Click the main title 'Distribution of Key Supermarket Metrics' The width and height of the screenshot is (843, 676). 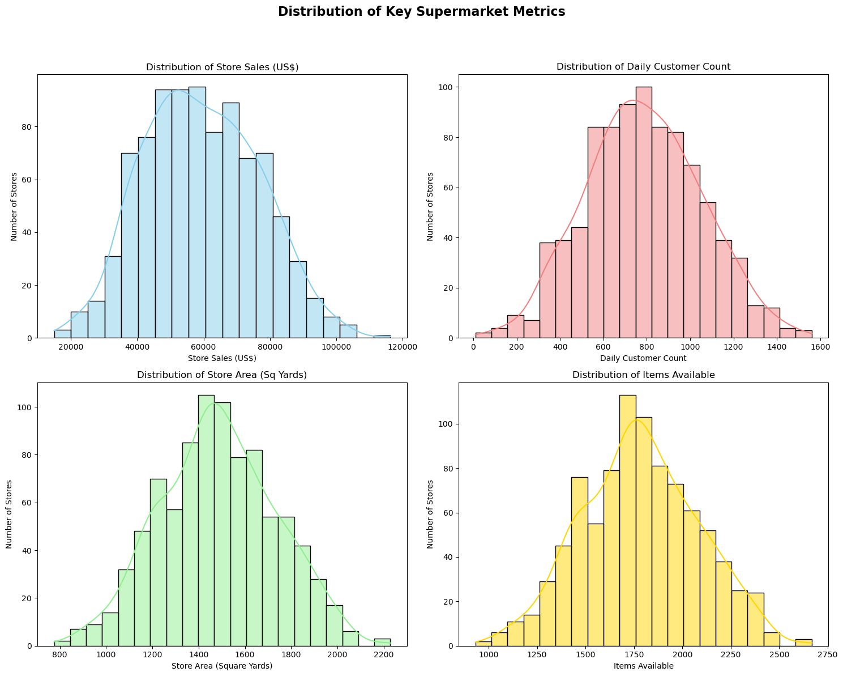click(421, 12)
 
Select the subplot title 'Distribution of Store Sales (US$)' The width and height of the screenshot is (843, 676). click(222, 67)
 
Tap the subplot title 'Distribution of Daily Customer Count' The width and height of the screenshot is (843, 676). click(643, 67)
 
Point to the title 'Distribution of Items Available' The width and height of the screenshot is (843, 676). click(643, 375)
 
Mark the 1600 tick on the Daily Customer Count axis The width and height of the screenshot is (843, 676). click(820, 347)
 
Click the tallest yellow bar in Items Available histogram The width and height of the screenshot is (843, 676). click(627, 521)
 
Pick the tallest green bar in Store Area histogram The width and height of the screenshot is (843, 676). click(206, 521)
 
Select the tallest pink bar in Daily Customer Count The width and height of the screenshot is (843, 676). click(643, 212)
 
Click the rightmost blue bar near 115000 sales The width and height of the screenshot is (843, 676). click(382, 337)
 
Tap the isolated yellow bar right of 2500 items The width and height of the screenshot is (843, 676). click(803, 643)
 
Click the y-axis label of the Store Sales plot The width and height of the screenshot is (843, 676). click(14, 207)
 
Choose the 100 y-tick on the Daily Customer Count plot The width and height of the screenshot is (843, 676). click(446, 87)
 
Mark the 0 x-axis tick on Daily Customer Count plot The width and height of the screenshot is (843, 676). click(473, 347)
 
